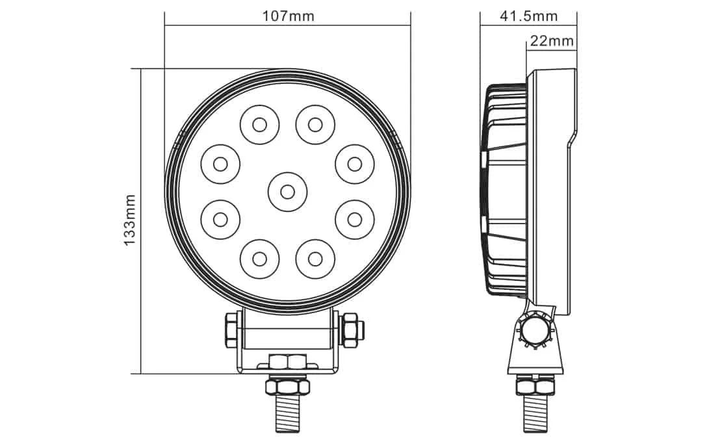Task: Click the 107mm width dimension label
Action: point(288,16)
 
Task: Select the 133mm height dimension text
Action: point(129,220)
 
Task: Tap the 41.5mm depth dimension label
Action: point(528,16)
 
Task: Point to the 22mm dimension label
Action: point(551,42)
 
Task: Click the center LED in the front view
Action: point(287,191)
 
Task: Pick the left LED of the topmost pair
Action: point(259,124)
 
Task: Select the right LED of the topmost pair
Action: point(315,124)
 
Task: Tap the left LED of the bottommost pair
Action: point(259,259)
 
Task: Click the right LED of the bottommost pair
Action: point(315,259)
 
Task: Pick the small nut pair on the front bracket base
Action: point(288,361)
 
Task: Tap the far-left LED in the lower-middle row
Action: point(220,218)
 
